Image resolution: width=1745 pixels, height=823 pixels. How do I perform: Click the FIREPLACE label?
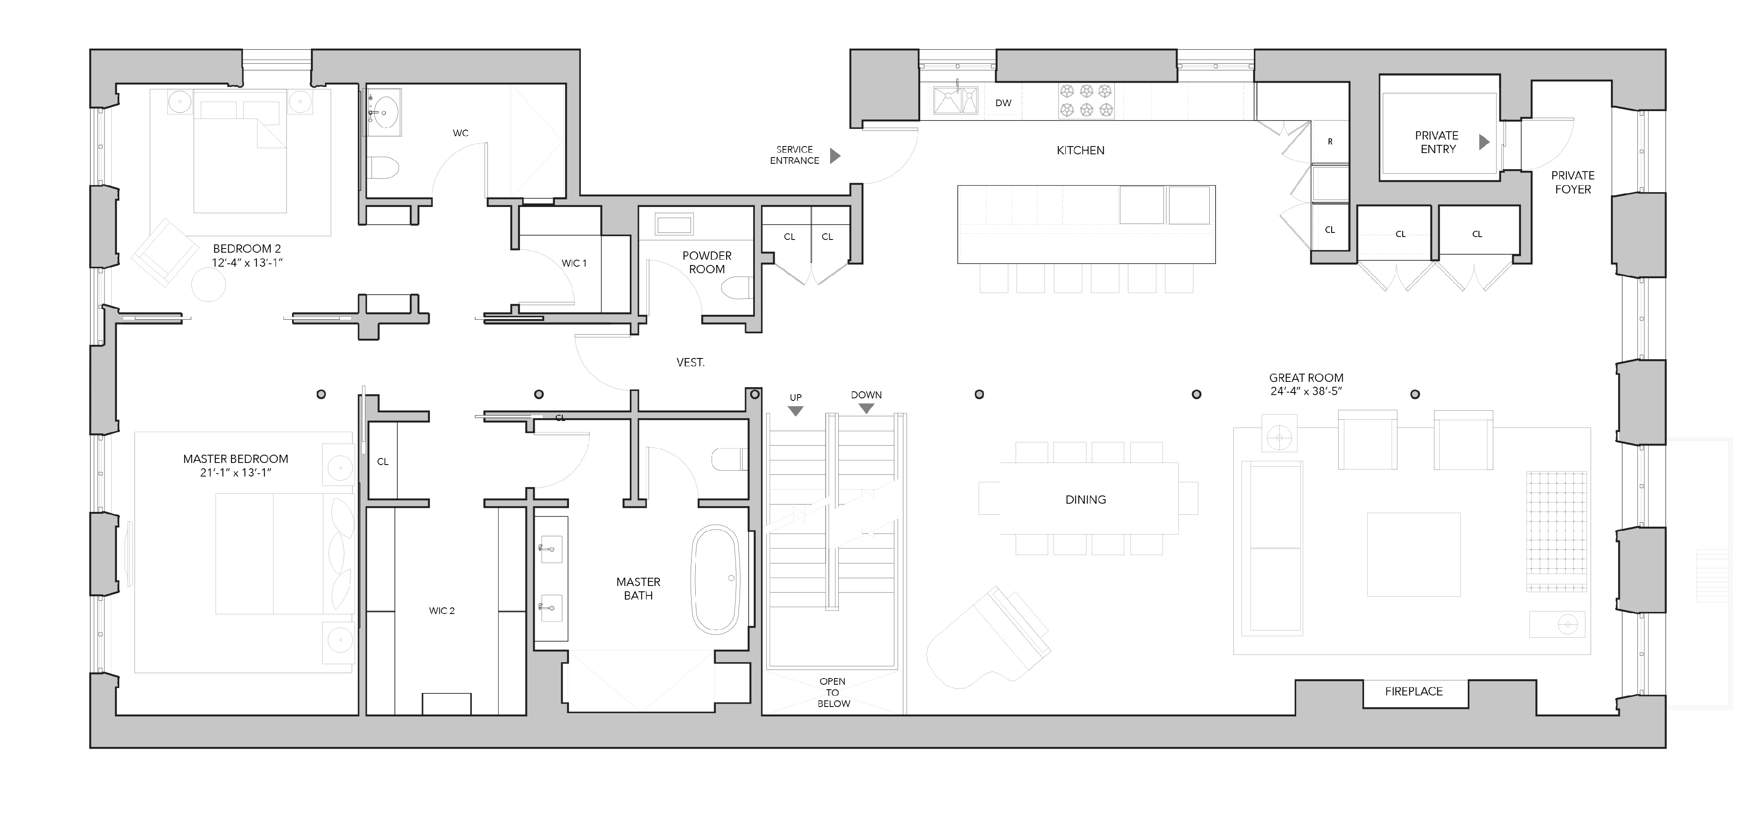pos(1414,692)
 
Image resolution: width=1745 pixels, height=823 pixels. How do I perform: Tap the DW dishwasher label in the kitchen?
pos(1003,103)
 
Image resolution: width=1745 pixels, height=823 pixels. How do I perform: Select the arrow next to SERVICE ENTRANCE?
pos(835,156)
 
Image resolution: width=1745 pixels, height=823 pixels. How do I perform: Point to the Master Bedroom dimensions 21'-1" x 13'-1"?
pos(236,473)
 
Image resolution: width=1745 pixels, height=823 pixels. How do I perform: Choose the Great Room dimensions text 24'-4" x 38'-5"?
pos(1306,391)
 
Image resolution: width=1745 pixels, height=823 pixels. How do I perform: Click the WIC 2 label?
pos(442,611)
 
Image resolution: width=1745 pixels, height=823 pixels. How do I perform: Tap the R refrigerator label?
pos(1330,142)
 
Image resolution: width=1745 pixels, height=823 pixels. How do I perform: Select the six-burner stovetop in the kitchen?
pos(1086,101)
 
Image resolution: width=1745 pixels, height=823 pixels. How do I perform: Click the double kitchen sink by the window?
pos(956,101)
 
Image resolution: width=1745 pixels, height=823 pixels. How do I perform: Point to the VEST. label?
pos(690,363)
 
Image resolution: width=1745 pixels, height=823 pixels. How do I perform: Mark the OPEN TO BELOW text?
pos(833,692)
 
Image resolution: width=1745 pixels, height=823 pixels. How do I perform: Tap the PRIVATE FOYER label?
pos(1573,182)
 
